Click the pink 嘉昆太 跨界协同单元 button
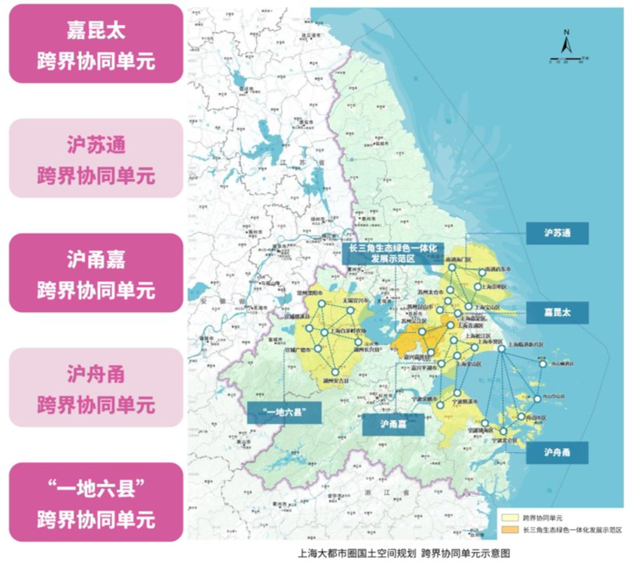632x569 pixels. tap(96, 43)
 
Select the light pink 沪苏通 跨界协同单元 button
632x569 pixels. tap(96, 158)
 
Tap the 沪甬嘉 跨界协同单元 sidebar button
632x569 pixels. tap(96, 272)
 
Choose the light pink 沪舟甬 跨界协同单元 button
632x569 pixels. tap(96, 387)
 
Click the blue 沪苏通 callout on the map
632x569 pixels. tap(557, 233)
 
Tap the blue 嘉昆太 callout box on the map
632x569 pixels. tap(557, 312)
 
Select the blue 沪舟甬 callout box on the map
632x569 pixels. tap(557, 452)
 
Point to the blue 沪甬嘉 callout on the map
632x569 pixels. tap(392, 424)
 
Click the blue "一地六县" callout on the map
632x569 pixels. tap(284, 412)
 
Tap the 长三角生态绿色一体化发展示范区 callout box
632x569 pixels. tap(392, 253)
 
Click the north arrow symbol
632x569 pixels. tap(567, 44)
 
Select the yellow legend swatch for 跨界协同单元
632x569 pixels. tap(510, 517)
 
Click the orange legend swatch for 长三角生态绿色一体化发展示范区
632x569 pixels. tap(510, 529)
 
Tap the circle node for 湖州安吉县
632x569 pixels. tap(335, 372)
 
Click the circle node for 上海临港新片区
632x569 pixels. tap(502, 348)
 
